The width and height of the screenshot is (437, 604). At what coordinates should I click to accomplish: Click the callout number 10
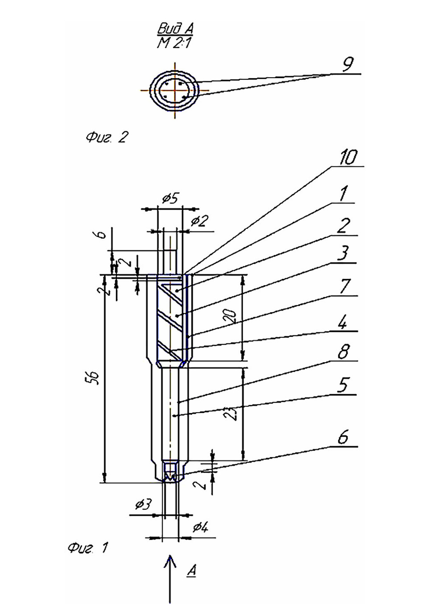(x=348, y=157)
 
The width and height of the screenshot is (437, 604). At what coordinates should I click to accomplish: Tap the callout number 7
(x=345, y=287)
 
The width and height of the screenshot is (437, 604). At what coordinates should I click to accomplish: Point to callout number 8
(x=343, y=352)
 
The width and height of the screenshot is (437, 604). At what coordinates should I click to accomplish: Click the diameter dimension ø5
(x=169, y=199)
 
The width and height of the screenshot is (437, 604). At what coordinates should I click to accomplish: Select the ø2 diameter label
(x=198, y=221)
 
